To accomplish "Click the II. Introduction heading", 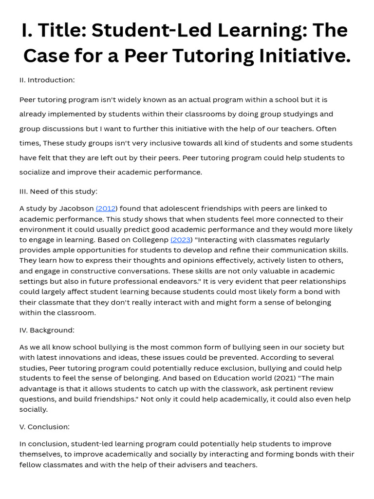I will point(47,80).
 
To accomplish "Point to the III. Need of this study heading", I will point(58,192).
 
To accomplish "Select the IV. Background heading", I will point(47,330).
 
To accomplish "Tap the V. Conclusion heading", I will point(44,427).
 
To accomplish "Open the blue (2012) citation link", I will point(106,209).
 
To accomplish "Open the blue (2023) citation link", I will point(181,240).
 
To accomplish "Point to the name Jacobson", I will point(76,209).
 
